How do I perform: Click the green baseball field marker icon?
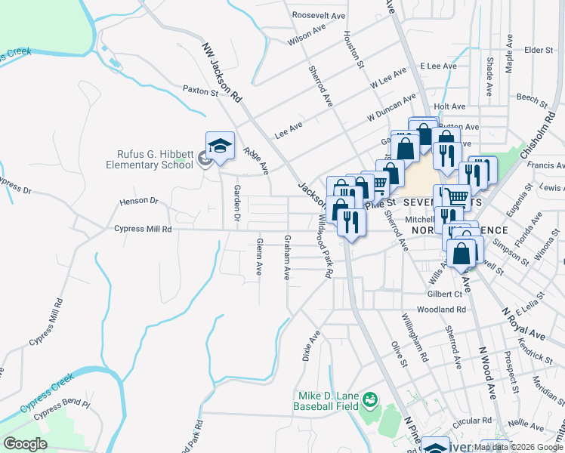pos(370,399)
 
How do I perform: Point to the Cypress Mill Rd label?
pos(143,229)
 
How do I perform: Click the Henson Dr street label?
pos(139,202)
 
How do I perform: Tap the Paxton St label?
pos(200,90)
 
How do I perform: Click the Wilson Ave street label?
pos(306,35)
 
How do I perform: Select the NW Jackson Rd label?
pos(221,71)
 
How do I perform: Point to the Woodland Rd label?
pos(440,310)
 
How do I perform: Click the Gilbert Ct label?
pos(444,293)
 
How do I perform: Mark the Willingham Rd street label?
pos(415,337)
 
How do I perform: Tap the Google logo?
pos(26,444)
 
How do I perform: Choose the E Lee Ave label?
pos(439,66)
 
